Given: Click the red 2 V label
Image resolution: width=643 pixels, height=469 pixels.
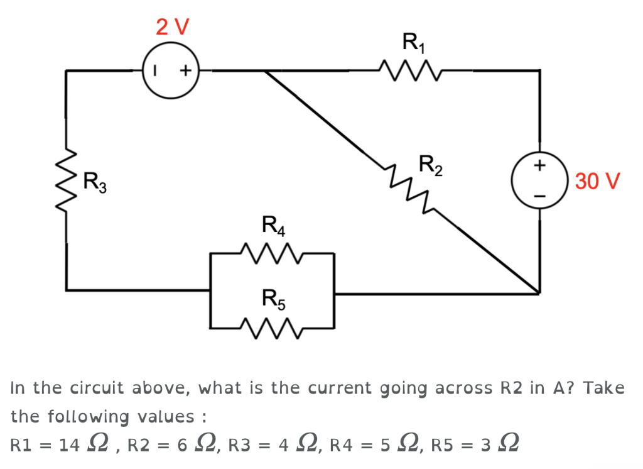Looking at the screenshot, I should click(x=173, y=26).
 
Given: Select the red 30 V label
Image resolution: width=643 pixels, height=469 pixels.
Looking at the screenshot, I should click(x=597, y=181).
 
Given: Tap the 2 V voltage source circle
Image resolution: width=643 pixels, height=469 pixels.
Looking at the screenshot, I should click(x=171, y=71).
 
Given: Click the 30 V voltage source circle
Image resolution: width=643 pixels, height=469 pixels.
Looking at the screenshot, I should click(x=539, y=181).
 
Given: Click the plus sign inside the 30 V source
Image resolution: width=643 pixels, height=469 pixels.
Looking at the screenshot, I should click(x=539, y=166).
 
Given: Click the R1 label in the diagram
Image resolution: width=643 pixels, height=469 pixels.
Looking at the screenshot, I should click(x=413, y=43).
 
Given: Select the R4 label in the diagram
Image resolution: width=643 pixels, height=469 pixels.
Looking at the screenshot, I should click(x=273, y=225).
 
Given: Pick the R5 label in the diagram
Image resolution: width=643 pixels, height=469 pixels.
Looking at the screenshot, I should click(x=273, y=297).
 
